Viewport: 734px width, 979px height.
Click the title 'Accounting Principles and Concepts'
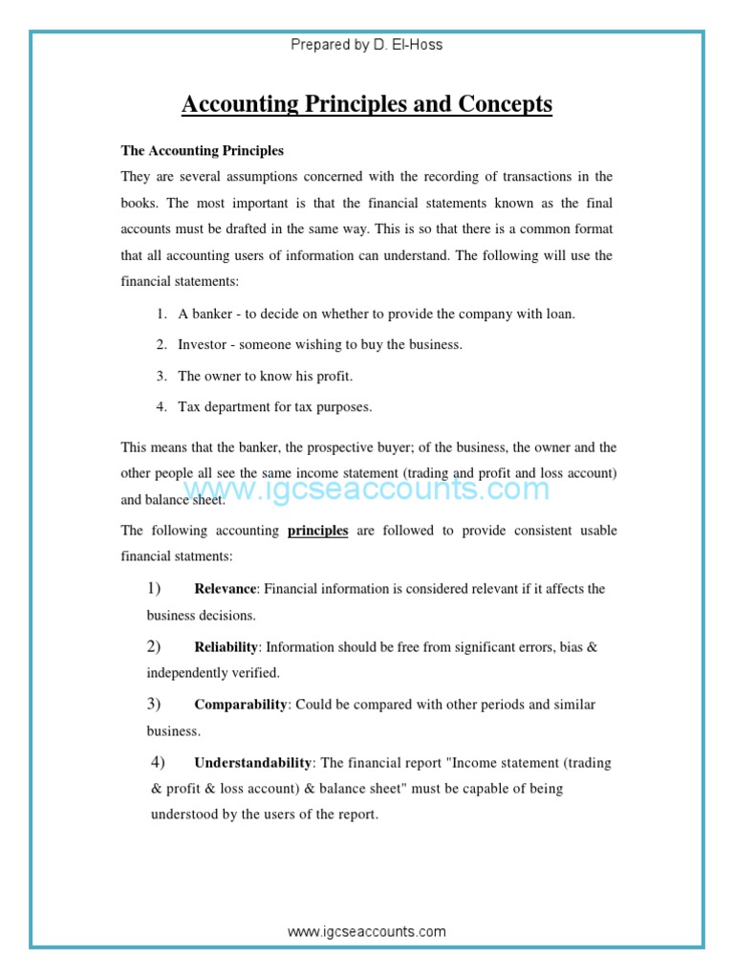(367, 104)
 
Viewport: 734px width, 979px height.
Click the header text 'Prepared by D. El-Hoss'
(367, 45)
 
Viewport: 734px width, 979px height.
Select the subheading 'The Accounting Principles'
(202, 151)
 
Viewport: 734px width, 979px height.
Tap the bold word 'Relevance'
(226, 589)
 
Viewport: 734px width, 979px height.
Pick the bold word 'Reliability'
(226, 647)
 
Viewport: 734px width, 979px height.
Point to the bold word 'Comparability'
(241, 705)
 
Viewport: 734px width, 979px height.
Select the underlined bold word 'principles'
(317, 531)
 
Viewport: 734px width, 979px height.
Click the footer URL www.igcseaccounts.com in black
(367, 931)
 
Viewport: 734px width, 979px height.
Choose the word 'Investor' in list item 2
(204, 345)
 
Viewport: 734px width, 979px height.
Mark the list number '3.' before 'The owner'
(162, 377)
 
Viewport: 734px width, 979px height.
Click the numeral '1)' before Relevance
(154, 588)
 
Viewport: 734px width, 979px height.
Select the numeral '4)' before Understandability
(159, 762)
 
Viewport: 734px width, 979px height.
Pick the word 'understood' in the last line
(184, 815)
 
